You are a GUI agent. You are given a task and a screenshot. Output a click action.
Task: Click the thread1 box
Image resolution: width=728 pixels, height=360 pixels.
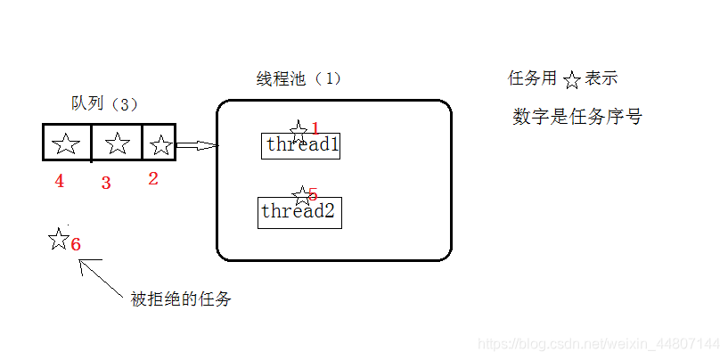click(301, 146)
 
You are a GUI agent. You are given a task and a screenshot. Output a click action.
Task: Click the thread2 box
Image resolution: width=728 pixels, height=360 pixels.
click(299, 212)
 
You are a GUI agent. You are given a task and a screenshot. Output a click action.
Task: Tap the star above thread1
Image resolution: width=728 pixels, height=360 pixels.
click(299, 129)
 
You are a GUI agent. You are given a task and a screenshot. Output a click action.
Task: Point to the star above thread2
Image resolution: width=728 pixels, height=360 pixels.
click(303, 194)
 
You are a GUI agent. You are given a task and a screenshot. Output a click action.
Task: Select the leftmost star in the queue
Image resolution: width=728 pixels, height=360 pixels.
click(66, 143)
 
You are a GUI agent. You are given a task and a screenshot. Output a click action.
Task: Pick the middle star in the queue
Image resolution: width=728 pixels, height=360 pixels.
click(117, 143)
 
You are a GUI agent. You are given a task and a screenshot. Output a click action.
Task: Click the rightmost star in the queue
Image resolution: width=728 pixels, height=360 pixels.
click(160, 143)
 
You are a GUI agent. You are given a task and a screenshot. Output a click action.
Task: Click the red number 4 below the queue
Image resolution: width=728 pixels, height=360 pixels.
click(59, 182)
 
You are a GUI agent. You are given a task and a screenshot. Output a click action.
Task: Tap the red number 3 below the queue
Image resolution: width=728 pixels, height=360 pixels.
click(106, 184)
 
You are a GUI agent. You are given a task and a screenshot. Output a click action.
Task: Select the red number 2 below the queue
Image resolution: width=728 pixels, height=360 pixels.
click(152, 178)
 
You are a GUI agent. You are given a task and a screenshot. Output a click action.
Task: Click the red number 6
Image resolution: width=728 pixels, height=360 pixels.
click(76, 244)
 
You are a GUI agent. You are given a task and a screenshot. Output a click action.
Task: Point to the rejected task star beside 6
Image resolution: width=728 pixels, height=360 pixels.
click(59, 238)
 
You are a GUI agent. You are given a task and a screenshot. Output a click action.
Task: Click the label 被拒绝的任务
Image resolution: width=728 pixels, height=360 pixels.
click(181, 299)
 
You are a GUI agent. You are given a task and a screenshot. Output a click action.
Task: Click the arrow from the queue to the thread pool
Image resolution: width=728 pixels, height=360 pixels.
click(196, 145)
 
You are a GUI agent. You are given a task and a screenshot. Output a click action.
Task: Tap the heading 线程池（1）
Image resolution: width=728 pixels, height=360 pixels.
click(299, 78)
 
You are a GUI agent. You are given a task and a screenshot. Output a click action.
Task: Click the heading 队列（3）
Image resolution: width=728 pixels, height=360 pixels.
click(105, 103)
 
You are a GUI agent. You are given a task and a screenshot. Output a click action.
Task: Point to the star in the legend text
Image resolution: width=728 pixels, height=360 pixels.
click(571, 80)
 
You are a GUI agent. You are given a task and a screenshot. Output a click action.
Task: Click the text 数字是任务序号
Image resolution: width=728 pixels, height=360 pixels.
click(577, 117)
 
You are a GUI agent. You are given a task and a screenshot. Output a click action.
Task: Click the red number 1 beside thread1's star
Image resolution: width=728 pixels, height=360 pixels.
click(315, 129)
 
